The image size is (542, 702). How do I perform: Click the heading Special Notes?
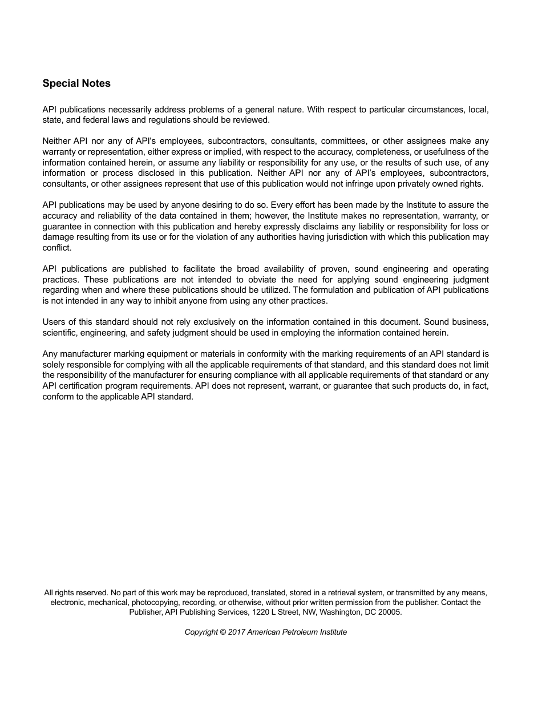(76, 83)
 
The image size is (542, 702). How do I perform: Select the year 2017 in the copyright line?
(236, 632)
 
